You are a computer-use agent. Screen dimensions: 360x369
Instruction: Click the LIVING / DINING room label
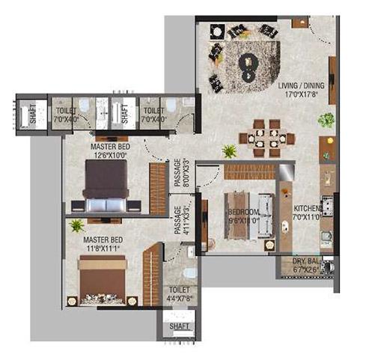coord(297,91)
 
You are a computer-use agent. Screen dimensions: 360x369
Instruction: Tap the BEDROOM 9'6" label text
coord(244,216)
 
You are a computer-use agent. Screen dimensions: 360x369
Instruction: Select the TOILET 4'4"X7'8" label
coord(180,293)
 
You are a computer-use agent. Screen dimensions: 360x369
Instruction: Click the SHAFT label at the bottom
coord(180,326)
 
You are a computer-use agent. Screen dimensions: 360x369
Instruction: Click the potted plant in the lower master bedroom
coord(76,225)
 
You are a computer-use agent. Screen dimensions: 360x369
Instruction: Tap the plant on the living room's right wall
coord(326,120)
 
